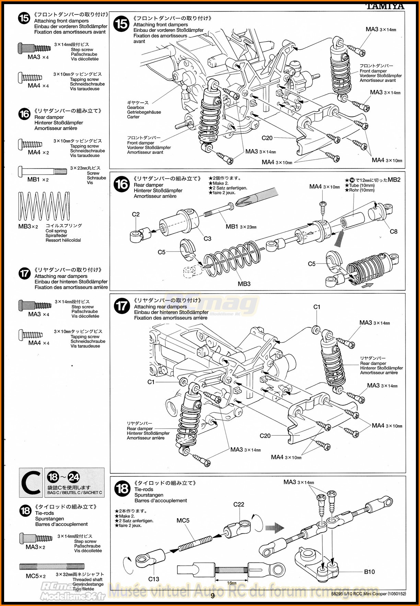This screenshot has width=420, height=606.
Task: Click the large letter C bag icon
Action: (x=31, y=483)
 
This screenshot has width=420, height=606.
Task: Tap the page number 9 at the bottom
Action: (x=212, y=596)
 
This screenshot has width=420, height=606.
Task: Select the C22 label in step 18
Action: (x=239, y=504)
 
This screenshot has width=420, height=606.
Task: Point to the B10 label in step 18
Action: (x=370, y=572)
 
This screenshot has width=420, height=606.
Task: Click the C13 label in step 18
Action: (x=154, y=579)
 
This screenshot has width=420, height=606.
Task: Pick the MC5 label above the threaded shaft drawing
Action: (x=183, y=520)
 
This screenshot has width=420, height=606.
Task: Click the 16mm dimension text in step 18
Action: (x=232, y=583)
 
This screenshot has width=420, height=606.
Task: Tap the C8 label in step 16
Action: (x=394, y=232)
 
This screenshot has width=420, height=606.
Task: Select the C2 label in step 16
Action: (x=136, y=214)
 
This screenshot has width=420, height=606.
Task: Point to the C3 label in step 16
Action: (x=207, y=239)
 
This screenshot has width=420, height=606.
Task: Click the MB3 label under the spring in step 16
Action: (x=244, y=284)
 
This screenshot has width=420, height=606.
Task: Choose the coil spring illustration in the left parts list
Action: (x=44, y=206)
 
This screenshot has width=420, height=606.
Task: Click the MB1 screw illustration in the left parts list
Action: (x=43, y=170)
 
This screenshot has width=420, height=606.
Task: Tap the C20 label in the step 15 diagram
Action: (x=267, y=138)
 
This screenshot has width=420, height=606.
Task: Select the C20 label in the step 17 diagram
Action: (x=265, y=436)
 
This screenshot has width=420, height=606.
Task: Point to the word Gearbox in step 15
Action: (x=136, y=107)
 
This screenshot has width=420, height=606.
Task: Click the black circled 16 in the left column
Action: (x=24, y=114)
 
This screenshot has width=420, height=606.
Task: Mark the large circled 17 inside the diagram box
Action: (x=122, y=306)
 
